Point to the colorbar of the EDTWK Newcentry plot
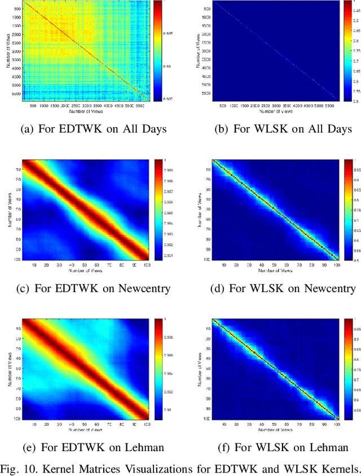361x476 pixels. [158, 209]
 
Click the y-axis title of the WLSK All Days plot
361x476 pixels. [198, 51]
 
